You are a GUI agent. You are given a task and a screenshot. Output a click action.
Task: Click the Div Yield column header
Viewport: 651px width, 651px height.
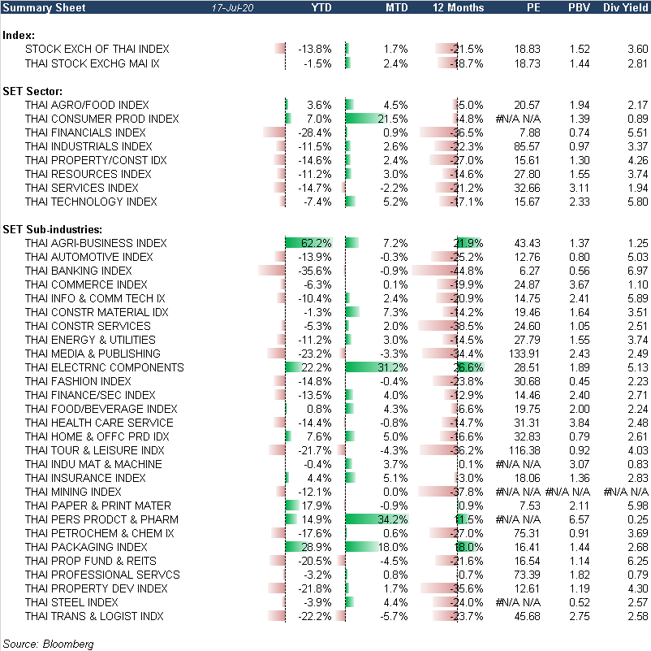[x=625, y=7]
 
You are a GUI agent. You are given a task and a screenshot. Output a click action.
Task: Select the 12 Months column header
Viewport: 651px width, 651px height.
[x=459, y=7]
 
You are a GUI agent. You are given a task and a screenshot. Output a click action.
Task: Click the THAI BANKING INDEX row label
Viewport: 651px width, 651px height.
[x=78, y=271]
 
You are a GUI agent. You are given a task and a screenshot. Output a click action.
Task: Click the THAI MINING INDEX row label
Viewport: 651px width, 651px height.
[x=73, y=492]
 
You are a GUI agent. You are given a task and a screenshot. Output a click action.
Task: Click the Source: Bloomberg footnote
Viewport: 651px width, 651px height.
[x=48, y=644]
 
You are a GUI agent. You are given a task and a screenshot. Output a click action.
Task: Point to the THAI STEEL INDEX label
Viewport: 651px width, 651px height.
[x=71, y=602]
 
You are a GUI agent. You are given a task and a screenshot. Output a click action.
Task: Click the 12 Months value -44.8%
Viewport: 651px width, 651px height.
[x=467, y=271]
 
